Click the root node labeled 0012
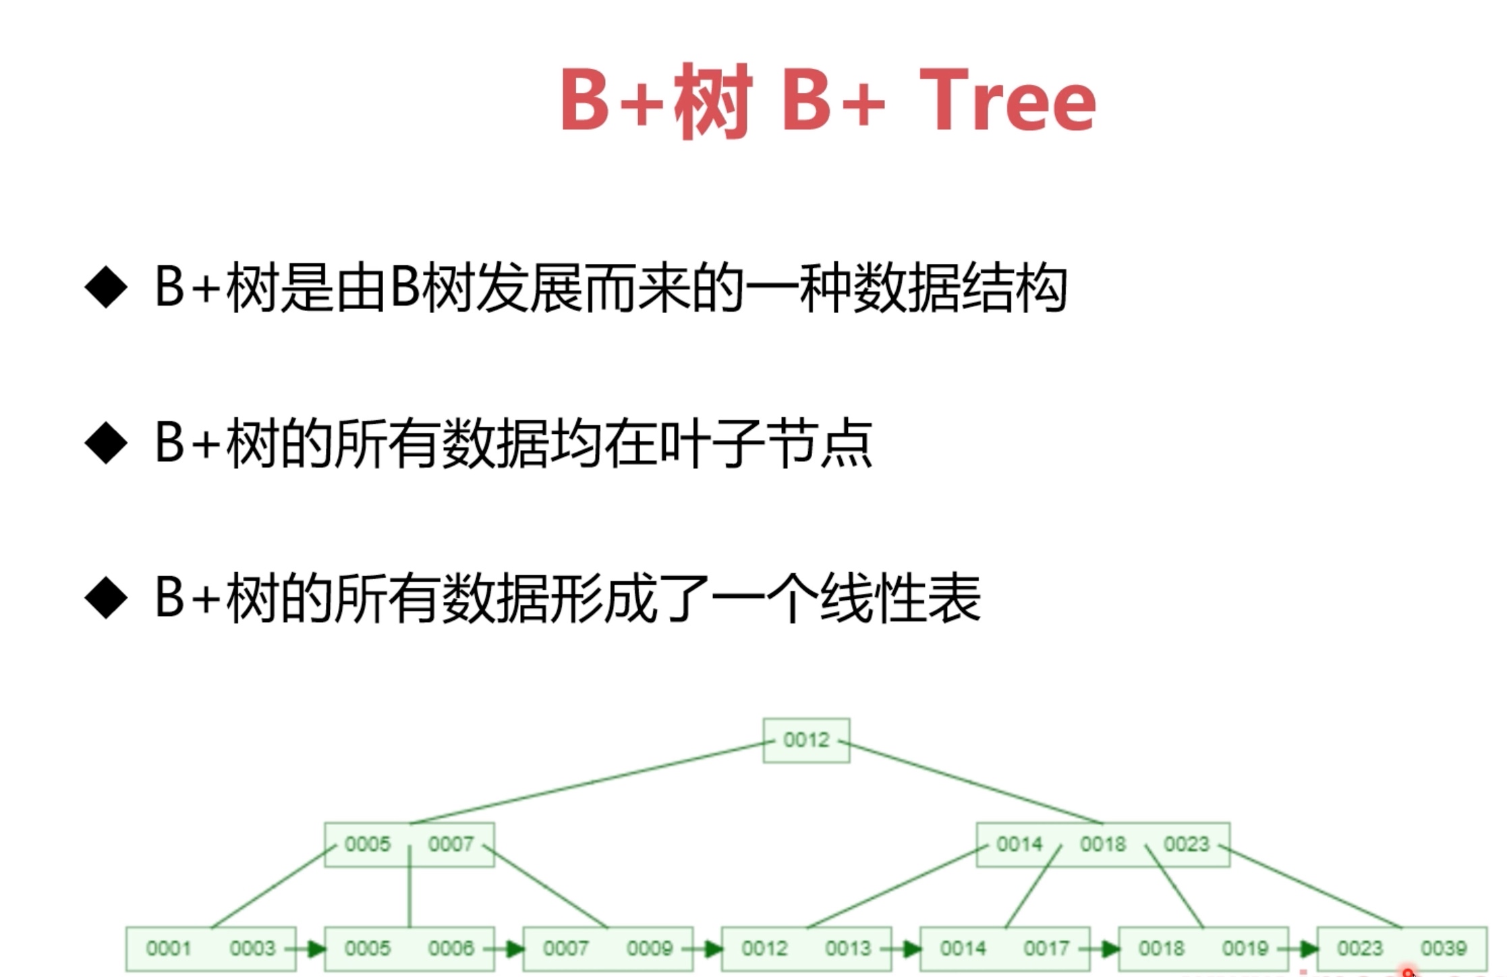point(806,740)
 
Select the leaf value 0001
point(169,949)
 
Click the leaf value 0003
point(252,949)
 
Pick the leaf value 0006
point(451,949)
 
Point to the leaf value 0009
point(649,949)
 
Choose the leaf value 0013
point(848,949)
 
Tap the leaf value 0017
point(1046,949)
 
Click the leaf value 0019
point(1245,949)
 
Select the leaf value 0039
point(1444,949)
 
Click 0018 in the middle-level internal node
point(1103,844)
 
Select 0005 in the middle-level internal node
point(368,844)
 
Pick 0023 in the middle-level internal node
point(1187,844)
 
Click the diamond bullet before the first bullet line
point(106,287)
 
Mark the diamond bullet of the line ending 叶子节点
point(106,443)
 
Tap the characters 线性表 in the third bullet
point(899,599)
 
